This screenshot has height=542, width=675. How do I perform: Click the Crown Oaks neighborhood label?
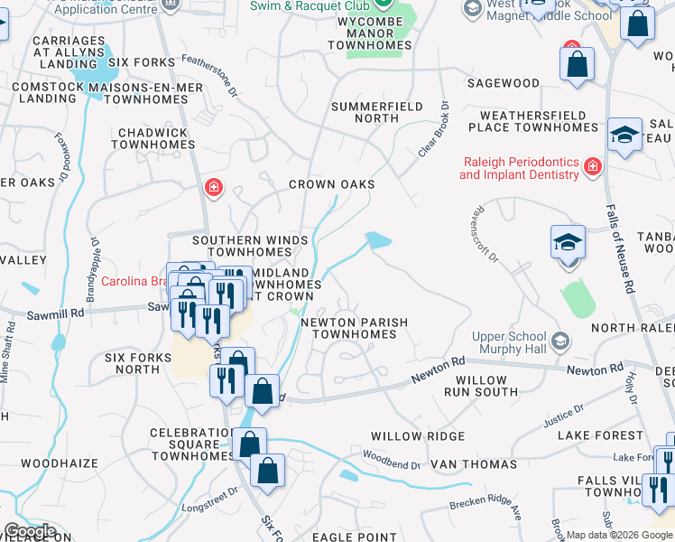[331, 184]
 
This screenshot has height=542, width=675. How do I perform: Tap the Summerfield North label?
[377, 112]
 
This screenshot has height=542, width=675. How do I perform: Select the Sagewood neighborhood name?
[503, 83]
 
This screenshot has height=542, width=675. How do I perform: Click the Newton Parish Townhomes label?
[354, 328]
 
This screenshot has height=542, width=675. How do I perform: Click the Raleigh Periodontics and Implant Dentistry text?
[519, 168]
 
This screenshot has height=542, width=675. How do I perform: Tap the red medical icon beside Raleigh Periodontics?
[592, 166]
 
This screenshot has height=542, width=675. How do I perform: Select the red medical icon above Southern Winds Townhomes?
[213, 188]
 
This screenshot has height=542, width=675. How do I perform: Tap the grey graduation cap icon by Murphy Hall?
[560, 341]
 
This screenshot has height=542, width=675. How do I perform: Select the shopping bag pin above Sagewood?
[577, 64]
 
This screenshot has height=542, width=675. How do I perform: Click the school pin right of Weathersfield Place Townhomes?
[624, 135]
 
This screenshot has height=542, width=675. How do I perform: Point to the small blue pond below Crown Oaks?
[378, 239]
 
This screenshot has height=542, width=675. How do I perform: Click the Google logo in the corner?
[30, 532]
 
